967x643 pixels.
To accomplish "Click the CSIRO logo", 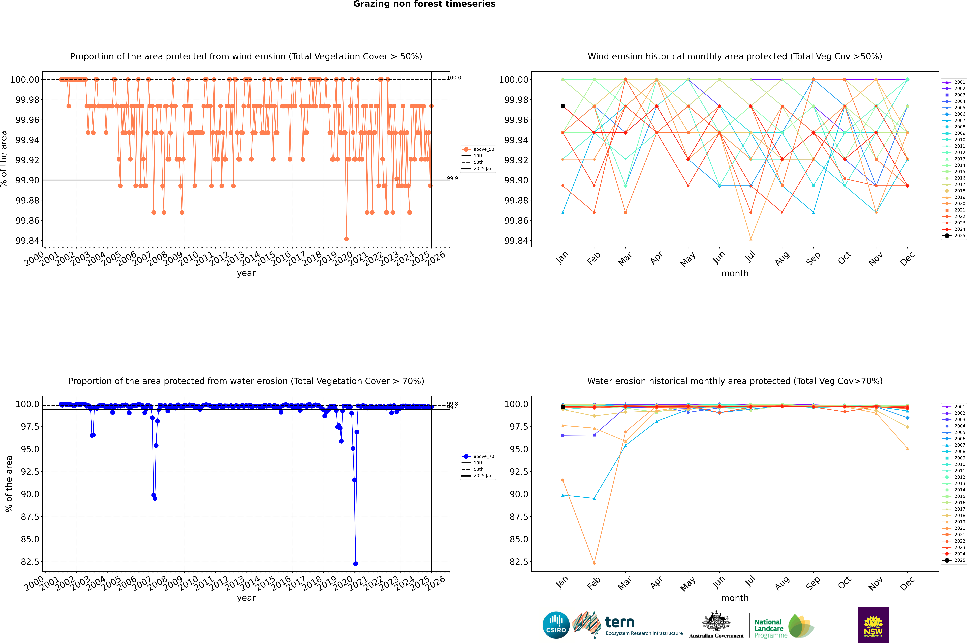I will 556,625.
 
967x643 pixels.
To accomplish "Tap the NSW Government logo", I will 873,625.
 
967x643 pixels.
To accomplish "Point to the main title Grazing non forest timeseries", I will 424,4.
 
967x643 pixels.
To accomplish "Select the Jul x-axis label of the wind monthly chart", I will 750,257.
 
